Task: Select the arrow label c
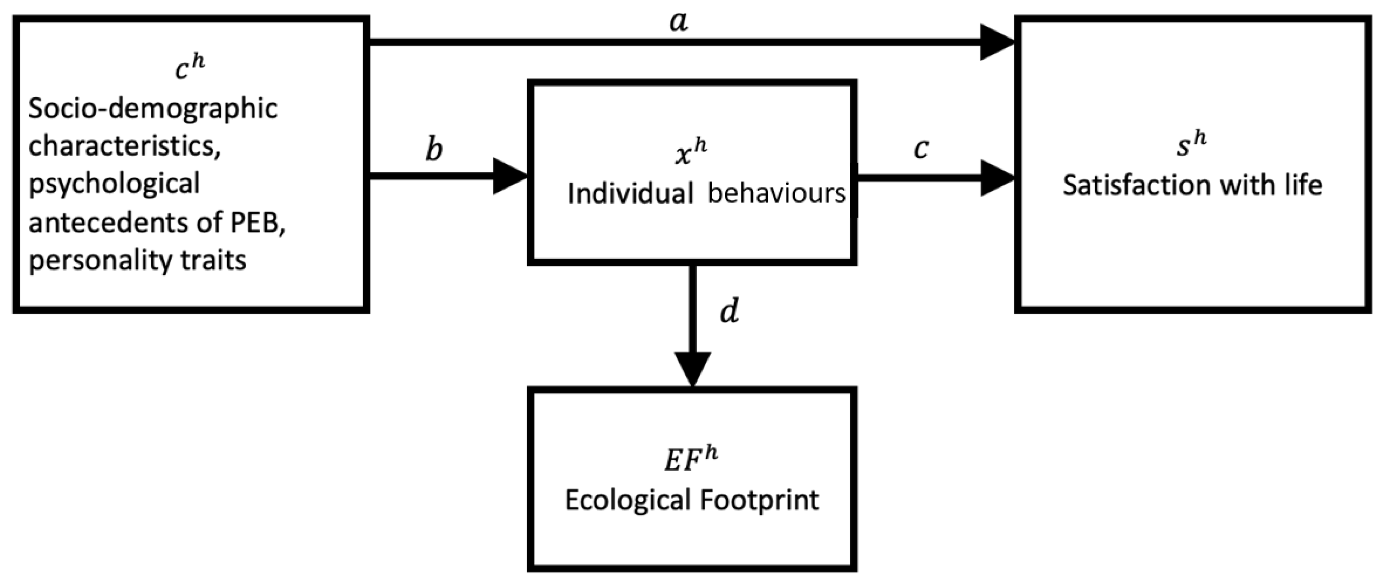pyautogui.click(x=921, y=149)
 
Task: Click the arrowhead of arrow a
pyautogui.click(x=997, y=42)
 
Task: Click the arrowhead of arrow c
pyautogui.click(x=997, y=178)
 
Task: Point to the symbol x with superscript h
pyautogui.click(x=691, y=153)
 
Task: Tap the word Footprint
pyautogui.click(x=759, y=500)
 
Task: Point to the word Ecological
pyautogui.click(x=628, y=500)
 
